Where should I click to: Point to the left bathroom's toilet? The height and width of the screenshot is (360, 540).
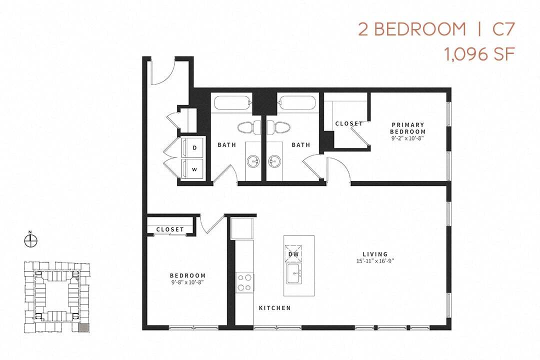(246, 127)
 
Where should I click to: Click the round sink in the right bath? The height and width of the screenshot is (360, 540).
(273, 161)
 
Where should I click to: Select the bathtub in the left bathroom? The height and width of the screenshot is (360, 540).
(232, 103)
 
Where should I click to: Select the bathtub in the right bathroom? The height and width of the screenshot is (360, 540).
(297, 103)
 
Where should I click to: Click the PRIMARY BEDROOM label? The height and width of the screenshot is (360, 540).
(407, 128)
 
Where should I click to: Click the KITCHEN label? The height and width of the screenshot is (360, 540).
(274, 308)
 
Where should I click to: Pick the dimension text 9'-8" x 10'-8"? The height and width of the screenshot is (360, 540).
(187, 282)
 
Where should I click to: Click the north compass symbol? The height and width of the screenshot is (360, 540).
(30, 240)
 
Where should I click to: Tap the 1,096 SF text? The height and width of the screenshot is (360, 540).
(479, 54)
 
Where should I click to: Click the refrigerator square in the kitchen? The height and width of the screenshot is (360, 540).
(241, 228)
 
